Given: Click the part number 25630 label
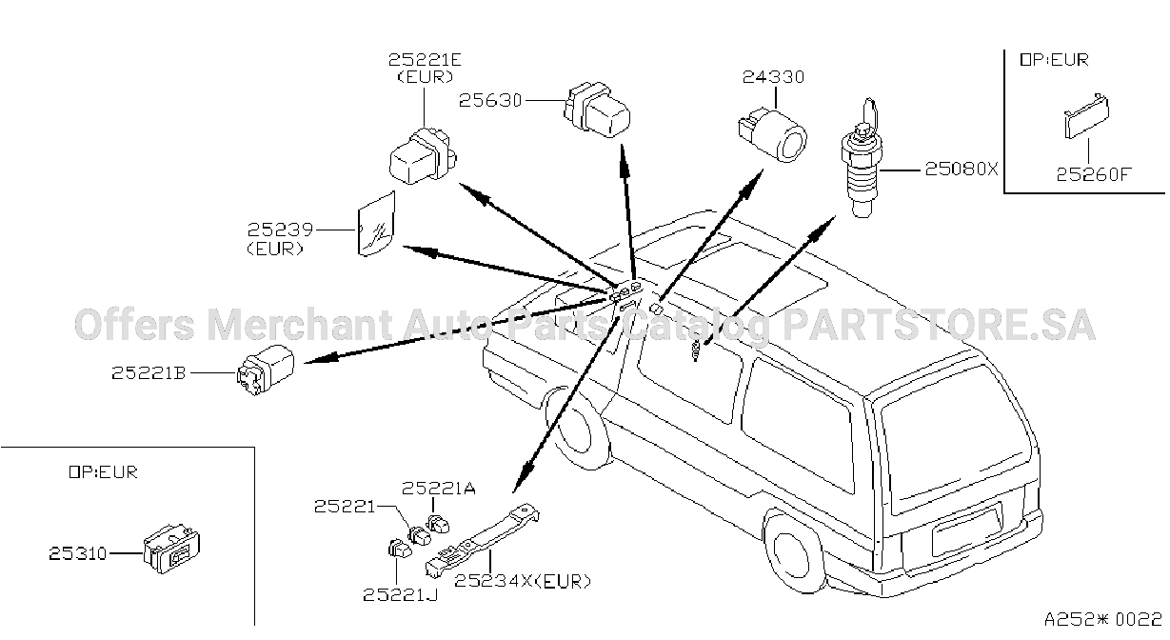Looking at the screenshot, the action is (x=490, y=100).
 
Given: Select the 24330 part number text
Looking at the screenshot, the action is (x=774, y=77).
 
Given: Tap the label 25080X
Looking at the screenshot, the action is (x=962, y=169).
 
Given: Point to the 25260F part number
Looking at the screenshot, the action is (x=1093, y=174).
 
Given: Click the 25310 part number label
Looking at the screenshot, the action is (x=78, y=553).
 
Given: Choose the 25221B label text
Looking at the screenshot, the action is (x=149, y=373).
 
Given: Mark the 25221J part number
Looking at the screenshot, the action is (x=401, y=594).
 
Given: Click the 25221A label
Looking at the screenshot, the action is (x=439, y=488).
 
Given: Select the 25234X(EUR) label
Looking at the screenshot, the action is (x=523, y=581).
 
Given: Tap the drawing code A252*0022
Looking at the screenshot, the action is (x=1103, y=620).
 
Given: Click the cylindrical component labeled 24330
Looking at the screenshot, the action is (x=772, y=135).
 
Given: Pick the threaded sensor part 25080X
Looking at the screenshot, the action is (x=861, y=158).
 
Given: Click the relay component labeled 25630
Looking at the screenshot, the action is (x=597, y=110).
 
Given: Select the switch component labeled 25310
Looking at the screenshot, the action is (x=172, y=549).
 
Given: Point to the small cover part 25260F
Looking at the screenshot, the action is (x=1087, y=116).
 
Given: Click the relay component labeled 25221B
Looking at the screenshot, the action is (x=266, y=370).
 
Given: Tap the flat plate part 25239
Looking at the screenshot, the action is (x=377, y=224).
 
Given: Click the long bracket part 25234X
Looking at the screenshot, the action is (x=482, y=542).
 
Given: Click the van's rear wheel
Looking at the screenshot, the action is (x=793, y=552).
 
